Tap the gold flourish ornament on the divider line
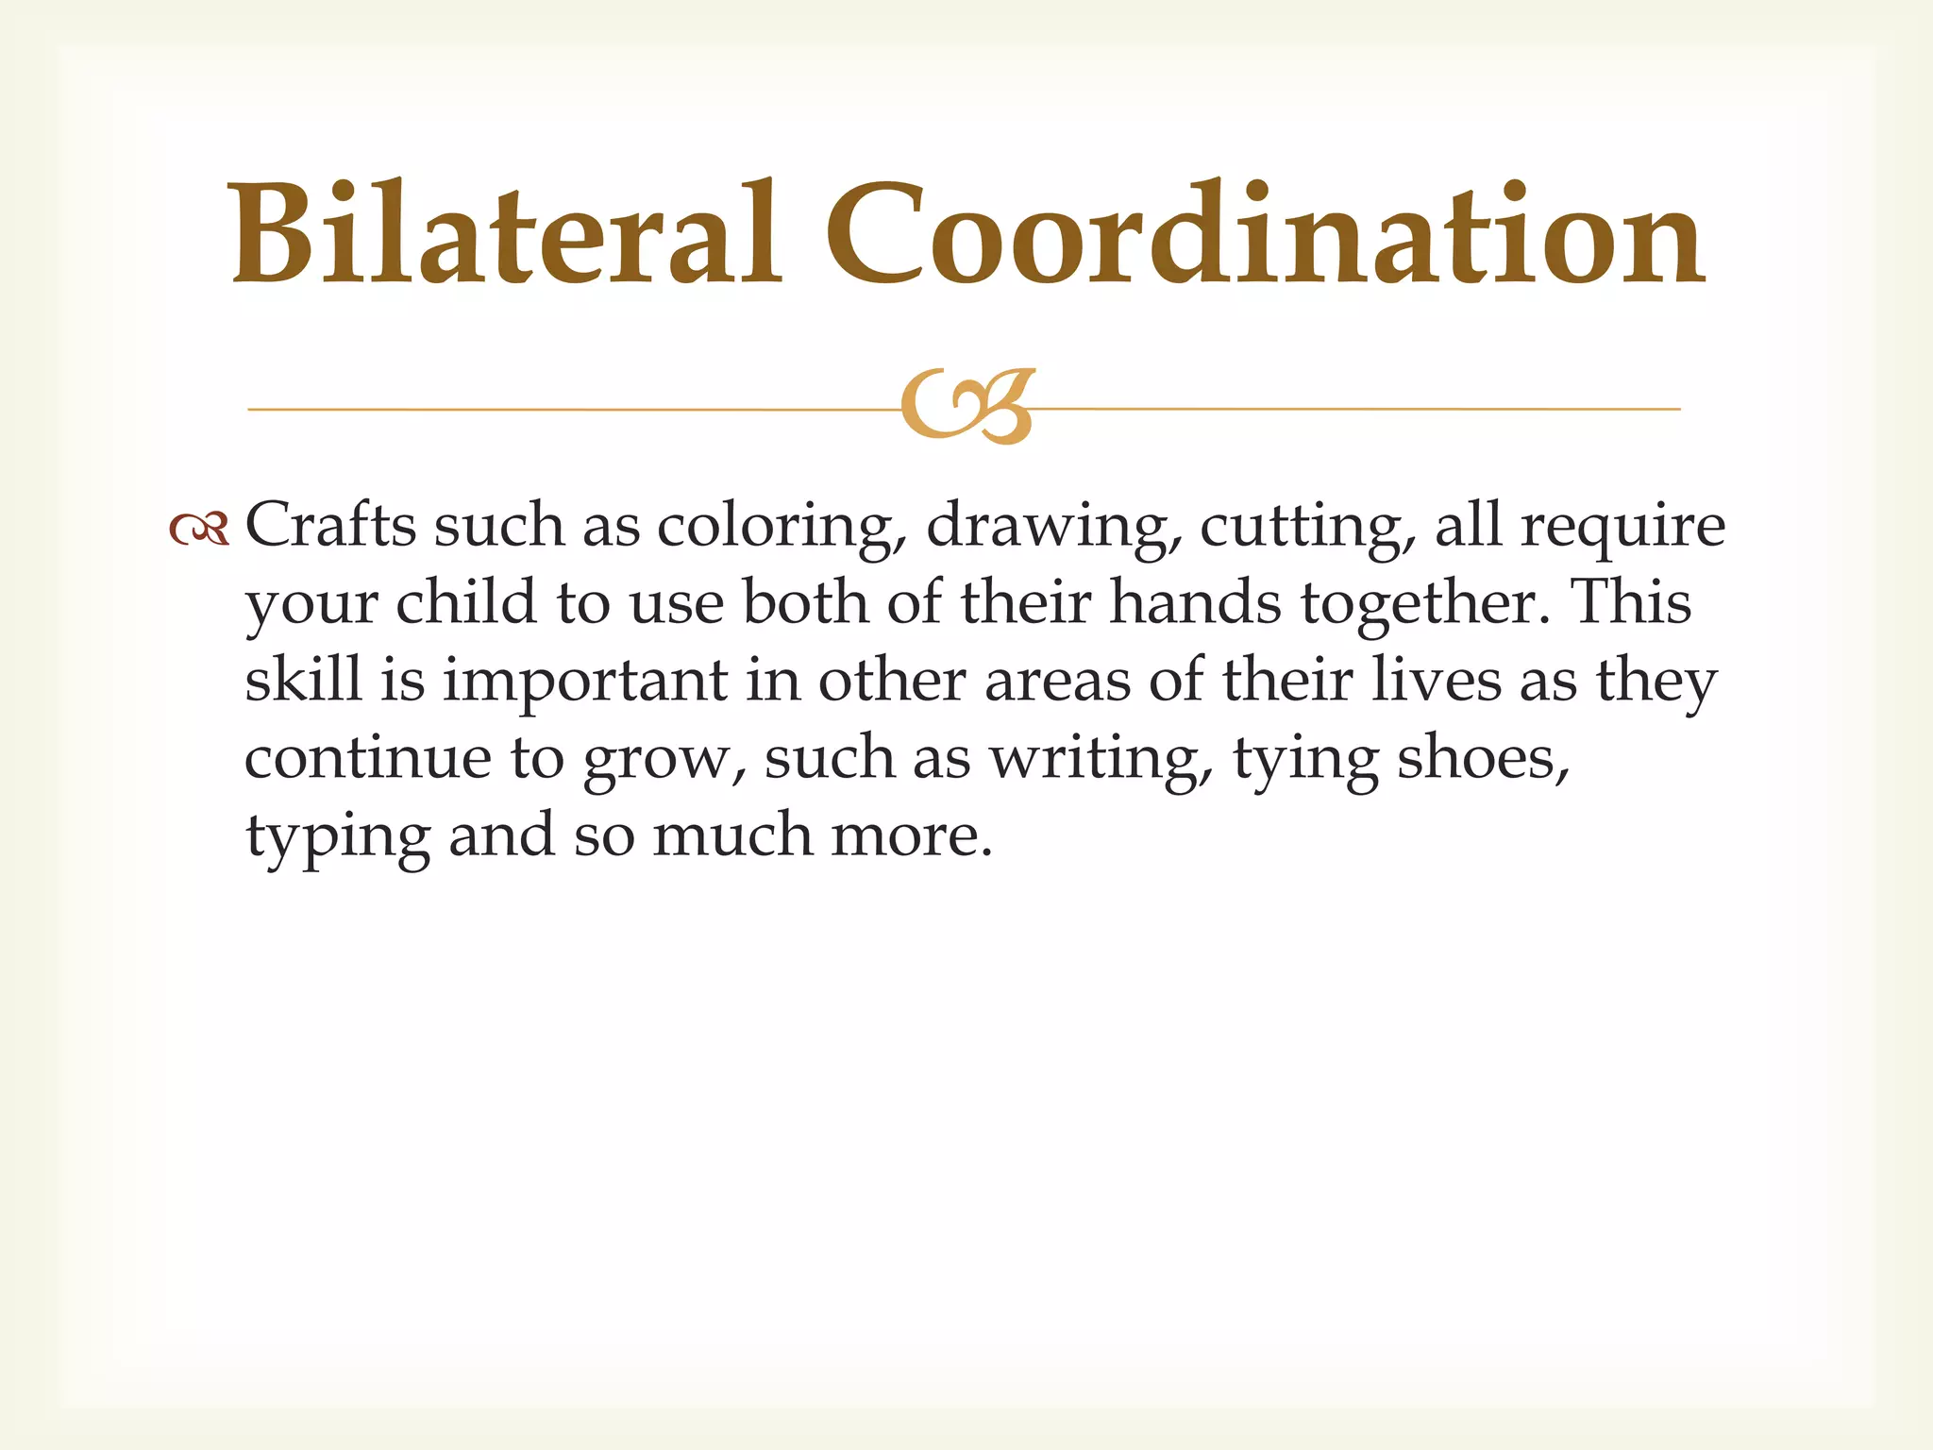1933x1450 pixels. (x=968, y=406)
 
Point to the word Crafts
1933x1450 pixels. (x=330, y=525)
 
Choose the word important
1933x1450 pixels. (x=584, y=682)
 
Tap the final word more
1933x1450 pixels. (x=911, y=836)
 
